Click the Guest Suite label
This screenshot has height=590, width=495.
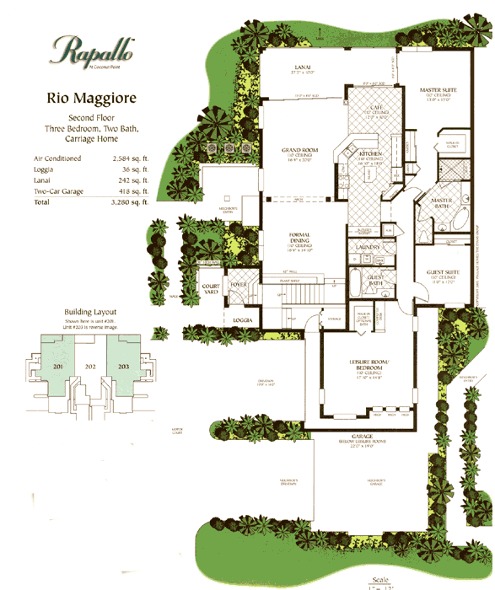pos(442,272)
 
